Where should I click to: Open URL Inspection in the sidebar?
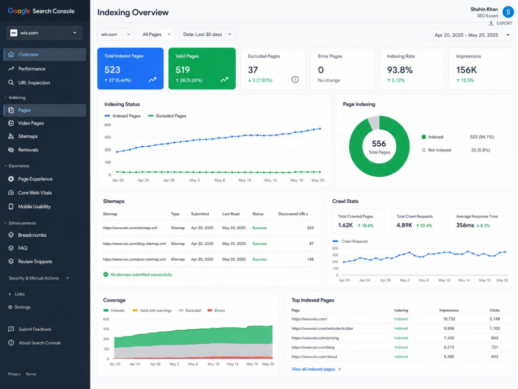point(34,82)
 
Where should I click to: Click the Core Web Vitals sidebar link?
point(35,192)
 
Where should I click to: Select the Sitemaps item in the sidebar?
point(28,136)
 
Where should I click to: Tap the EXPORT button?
point(500,23)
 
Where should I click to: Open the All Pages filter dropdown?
point(156,34)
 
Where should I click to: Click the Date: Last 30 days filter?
point(207,34)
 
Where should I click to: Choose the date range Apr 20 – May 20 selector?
point(471,35)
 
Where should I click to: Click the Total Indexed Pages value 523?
point(112,70)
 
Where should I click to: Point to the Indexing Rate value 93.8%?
point(400,70)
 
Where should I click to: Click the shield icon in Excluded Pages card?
point(295,79)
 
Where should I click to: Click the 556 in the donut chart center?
point(379,144)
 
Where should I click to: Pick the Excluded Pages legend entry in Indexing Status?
point(167,116)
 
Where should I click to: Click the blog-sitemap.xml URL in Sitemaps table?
point(134,244)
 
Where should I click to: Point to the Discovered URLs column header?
point(293,214)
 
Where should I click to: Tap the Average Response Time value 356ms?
point(465,225)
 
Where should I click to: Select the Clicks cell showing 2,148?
point(495,319)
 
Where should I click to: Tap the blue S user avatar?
point(508,12)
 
